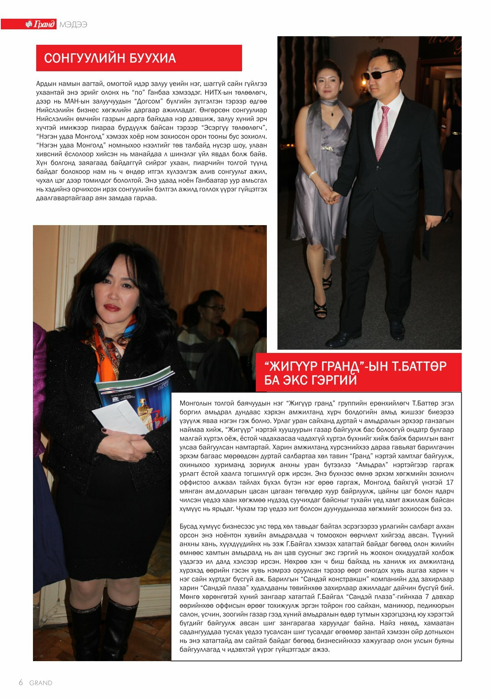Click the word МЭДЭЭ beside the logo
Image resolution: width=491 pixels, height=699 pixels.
[73, 24]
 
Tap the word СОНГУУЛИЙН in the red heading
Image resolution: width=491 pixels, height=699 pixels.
[79, 58]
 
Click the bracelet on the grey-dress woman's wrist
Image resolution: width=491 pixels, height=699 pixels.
[312, 174]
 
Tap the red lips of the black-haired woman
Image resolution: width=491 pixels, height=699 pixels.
[111, 307]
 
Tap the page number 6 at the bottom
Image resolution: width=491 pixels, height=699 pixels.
[21, 683]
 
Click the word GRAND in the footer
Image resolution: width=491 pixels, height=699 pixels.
[41, 683]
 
